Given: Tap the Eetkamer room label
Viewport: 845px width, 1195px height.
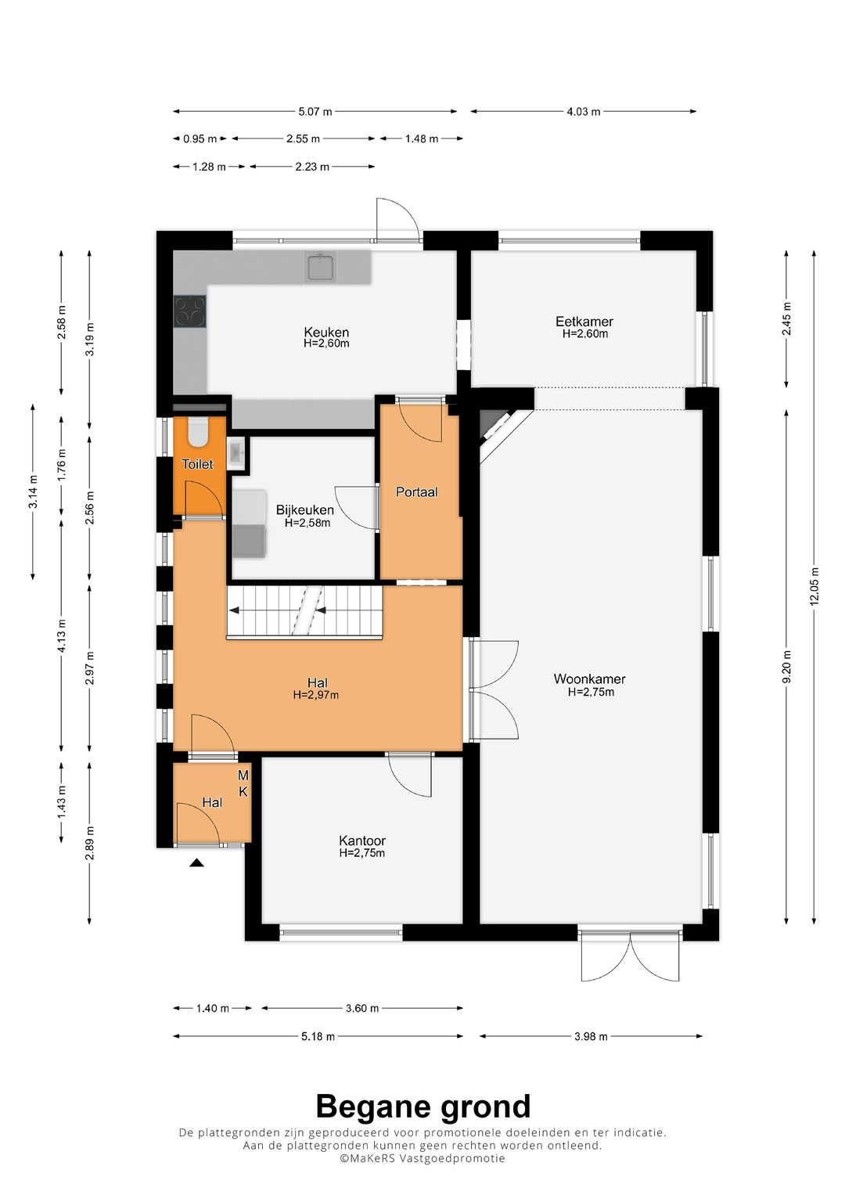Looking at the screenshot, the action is pyautogui.click(x=584, y=322).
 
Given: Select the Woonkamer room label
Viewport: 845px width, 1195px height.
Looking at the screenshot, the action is pyautogui.click(x=589, y=679).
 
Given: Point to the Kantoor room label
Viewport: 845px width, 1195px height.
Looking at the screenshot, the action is pyautogui.click(x=361, y=840).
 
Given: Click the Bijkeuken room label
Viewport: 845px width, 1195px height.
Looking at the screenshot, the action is pyautogui.click(x=304, y=510).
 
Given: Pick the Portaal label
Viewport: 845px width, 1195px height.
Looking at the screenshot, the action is pyautogui.click(x=416, y=492).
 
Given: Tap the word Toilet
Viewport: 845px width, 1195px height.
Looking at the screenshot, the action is pyautogui.click(x=197, y=464).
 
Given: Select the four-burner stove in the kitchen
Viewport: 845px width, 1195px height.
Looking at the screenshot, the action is pyautogui.click(x=190, y=311).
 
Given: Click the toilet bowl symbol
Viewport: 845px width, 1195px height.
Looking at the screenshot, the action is pyautogui.click(x=199, y=430).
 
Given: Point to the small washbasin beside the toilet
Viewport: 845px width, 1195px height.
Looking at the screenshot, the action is pyautogui.click(x=236, y=454).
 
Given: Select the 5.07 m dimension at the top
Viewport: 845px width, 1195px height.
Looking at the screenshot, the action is pyautogui.click(x=315, y=111).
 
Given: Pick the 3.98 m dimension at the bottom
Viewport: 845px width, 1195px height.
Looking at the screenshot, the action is pyautogui.click(x=591, y=1037).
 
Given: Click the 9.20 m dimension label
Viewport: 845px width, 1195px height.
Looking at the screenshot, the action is pyautogui.click(x=786, y=663).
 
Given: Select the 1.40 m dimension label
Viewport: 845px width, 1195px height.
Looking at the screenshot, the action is pyautogui.click(x=212, y=1008).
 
